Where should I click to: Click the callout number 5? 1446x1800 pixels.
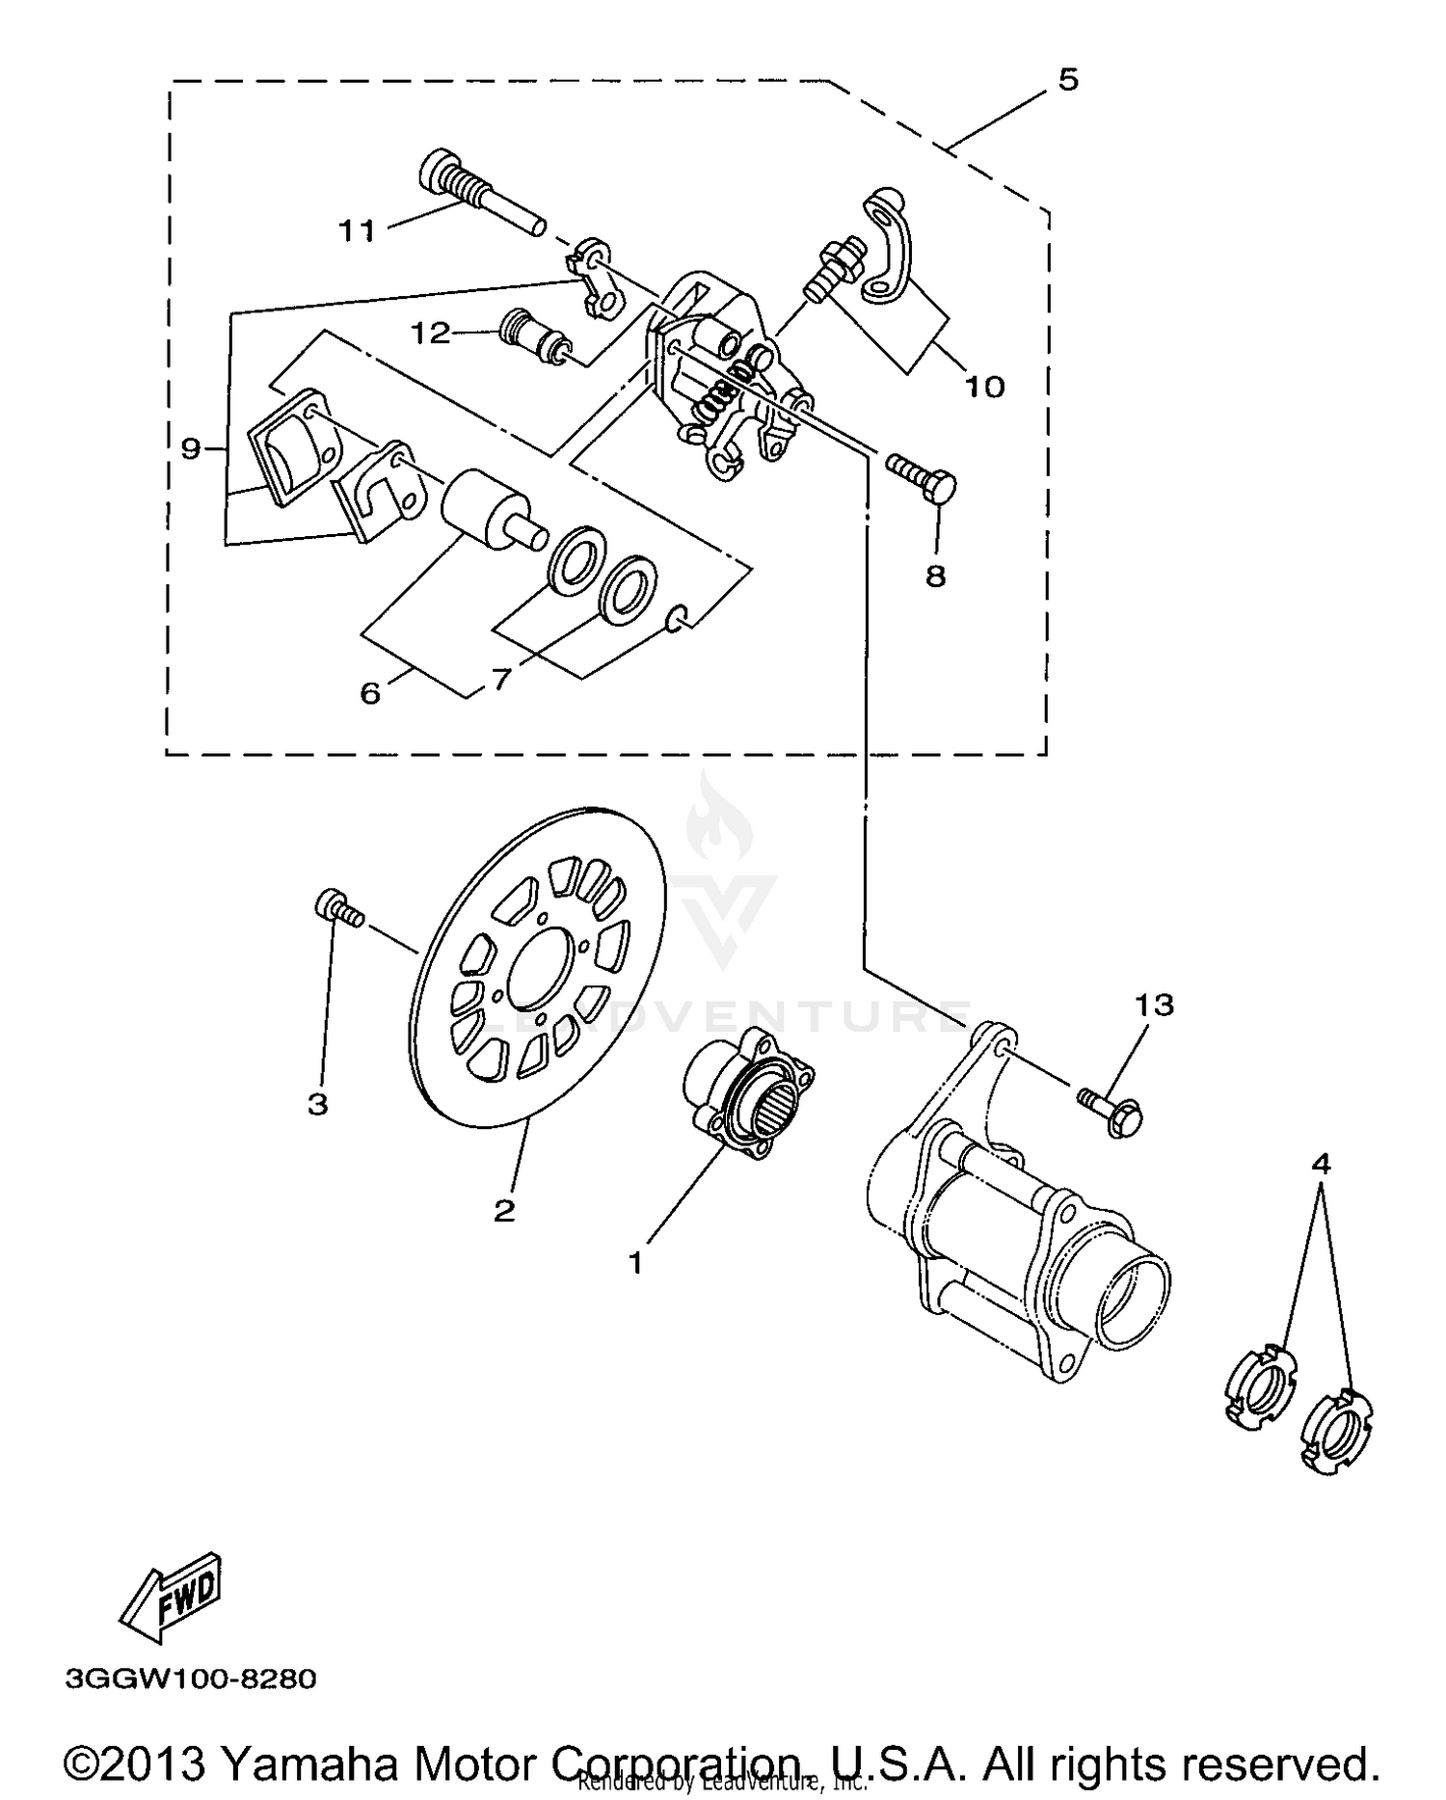pos(1067,79)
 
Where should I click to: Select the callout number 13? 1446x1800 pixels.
pos(1154,1006)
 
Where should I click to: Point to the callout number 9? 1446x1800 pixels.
pos(192,447)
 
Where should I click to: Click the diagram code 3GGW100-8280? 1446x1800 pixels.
pos(191,1679)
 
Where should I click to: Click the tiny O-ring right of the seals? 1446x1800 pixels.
pos(677,618)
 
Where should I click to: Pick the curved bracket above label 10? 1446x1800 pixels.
pos(886,249)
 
